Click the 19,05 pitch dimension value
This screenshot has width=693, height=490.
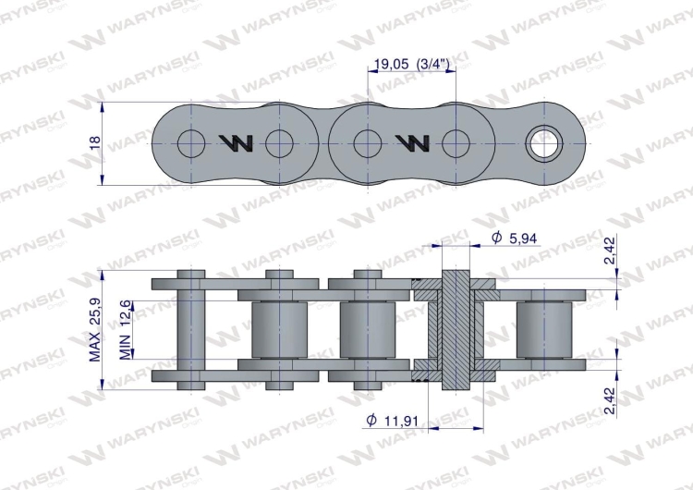tap(389, 64)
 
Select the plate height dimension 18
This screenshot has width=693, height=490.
tap(94, 142)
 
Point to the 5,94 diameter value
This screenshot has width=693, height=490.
tap(523, 238)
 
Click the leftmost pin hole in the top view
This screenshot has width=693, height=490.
tap(191, 142)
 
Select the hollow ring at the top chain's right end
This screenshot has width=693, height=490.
tap(542, 142)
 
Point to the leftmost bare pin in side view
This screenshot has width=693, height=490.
tap(191, 328)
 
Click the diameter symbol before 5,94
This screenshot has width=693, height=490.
tap(497, 238)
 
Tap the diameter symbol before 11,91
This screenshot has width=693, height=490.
tap(371, 421)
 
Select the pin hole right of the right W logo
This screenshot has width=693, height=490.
tap(456, 142)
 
